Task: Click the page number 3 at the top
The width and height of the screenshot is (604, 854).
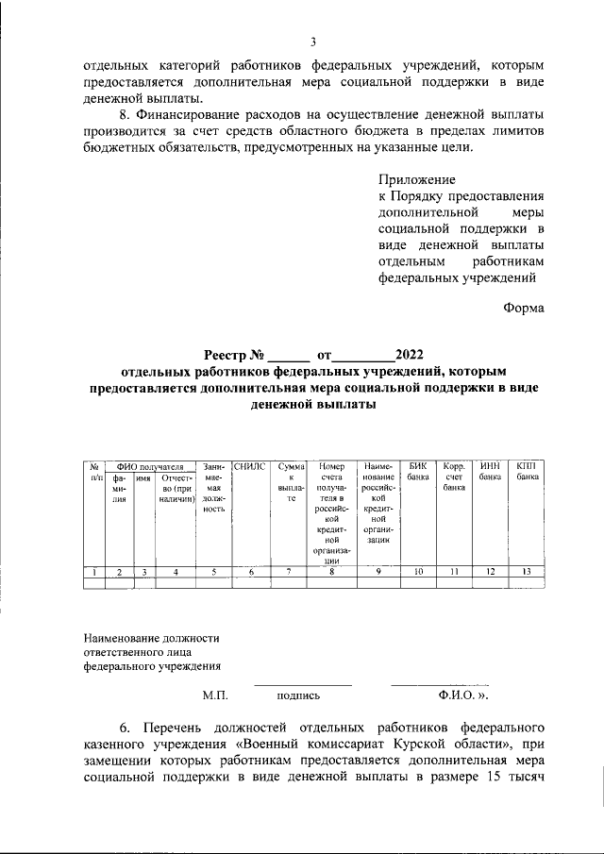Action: point(313,42)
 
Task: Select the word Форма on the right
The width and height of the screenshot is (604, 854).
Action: point(523,307)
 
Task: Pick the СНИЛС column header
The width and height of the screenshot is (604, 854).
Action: point(251,466)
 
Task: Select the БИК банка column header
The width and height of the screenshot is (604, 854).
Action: point(418,472)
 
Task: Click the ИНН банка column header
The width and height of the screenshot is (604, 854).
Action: point(490,472)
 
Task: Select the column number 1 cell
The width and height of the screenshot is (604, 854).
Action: point(94,571)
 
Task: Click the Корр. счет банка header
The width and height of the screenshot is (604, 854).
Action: point(454,477)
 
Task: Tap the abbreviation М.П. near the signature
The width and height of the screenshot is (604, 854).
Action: point(215,695)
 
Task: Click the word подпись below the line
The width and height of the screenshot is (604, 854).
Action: point(298,695)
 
